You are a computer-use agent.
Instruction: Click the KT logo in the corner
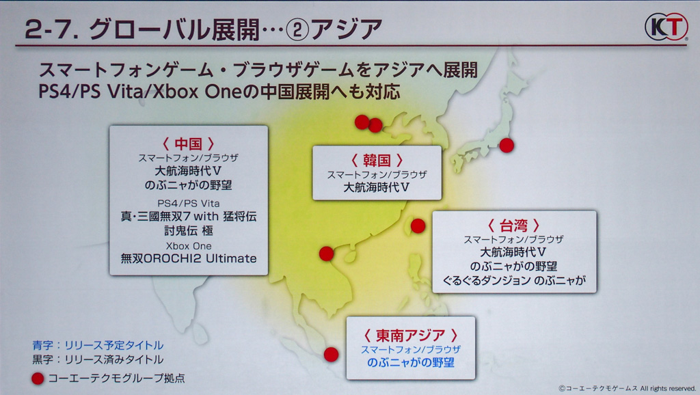(666, 27)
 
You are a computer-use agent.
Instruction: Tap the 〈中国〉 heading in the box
(189, 144)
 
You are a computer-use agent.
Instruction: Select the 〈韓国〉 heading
(377, 160)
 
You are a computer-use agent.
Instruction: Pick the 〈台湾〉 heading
(514, 226)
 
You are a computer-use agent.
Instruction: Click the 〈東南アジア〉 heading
(411, 335)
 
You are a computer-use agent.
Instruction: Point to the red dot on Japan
(507, 145)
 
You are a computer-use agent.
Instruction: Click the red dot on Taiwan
(418, 226)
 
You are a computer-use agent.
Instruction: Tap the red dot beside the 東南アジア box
(331, 355)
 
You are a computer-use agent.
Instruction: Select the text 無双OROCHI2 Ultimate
(189, 258)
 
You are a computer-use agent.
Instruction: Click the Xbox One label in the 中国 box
(189, 246)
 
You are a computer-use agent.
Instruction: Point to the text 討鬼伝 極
(189, 230)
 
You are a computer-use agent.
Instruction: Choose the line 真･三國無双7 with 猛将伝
(189, 217)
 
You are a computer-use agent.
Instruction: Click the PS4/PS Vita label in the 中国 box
(189, 204)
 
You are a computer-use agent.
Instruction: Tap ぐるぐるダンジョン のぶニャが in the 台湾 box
(514, 280)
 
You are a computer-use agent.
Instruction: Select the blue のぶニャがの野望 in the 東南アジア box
(411, 362)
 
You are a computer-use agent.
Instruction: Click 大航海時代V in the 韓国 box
(377, 187)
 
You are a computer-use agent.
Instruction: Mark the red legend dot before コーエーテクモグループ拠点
(38, 379)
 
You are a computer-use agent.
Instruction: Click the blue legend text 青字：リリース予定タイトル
(98, 345)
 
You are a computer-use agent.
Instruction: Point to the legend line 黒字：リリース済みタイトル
(98, 359)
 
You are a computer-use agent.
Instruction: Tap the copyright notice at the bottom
(627, 389)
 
